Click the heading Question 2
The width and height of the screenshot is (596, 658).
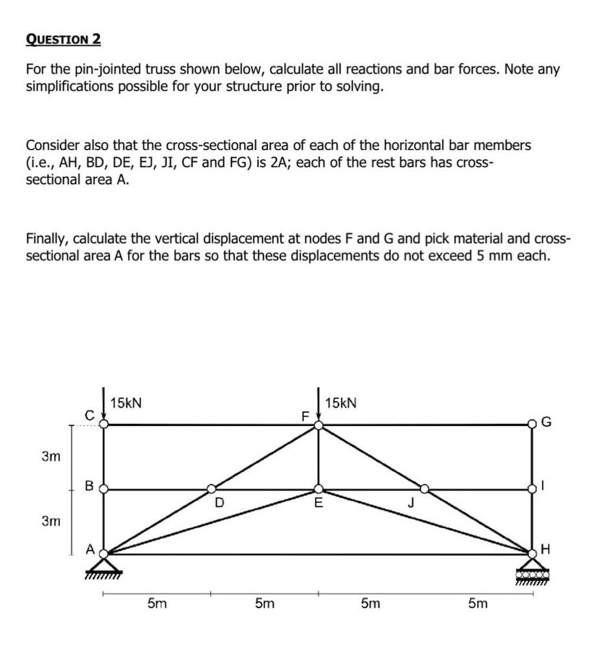(x=64, y=39)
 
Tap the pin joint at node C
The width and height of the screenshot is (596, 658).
(x=104, y=425)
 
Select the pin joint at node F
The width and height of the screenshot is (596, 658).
(x=318, y=425)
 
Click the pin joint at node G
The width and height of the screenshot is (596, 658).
(x=532, y=425)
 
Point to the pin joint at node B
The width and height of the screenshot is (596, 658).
(x=104, y=489)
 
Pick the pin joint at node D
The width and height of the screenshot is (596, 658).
(x=211, y=489)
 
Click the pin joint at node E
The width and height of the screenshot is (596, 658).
(x=318, y=489)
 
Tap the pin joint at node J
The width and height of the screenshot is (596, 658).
(x=425, y=489)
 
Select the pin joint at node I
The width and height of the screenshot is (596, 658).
(x=532, y=489)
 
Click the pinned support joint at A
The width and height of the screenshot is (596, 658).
(x=104, y=554)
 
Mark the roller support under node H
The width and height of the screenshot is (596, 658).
(x=532, y=574)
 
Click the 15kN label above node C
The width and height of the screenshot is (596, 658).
(x=126, y=403)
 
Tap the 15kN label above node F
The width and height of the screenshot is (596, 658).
(x=340, y=403)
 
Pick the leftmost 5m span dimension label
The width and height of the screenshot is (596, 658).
(x=156, y=604)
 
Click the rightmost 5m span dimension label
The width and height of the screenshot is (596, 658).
(x=478, y=604)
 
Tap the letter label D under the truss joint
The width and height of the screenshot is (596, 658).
(x=219, y=502)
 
